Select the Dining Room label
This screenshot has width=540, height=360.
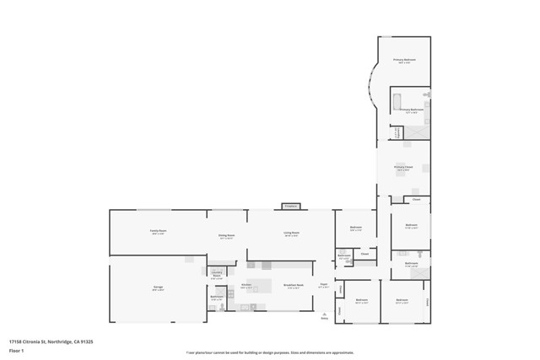pos(227,236)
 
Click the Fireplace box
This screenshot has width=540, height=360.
pos(291,206)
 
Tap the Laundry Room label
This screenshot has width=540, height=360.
pos(216,274)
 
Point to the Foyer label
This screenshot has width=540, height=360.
pos(323,286)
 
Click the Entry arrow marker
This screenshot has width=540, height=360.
pos(324,311)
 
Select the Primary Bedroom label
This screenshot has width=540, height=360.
pos(404,60)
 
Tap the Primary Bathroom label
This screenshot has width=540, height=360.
pos(411,110)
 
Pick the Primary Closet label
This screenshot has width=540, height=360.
pos(404,168)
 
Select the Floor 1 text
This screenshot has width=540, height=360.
pos(15,349)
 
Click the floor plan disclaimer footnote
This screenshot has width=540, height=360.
pos(270,352)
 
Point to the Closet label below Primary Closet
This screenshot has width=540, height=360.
pos(416,200)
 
